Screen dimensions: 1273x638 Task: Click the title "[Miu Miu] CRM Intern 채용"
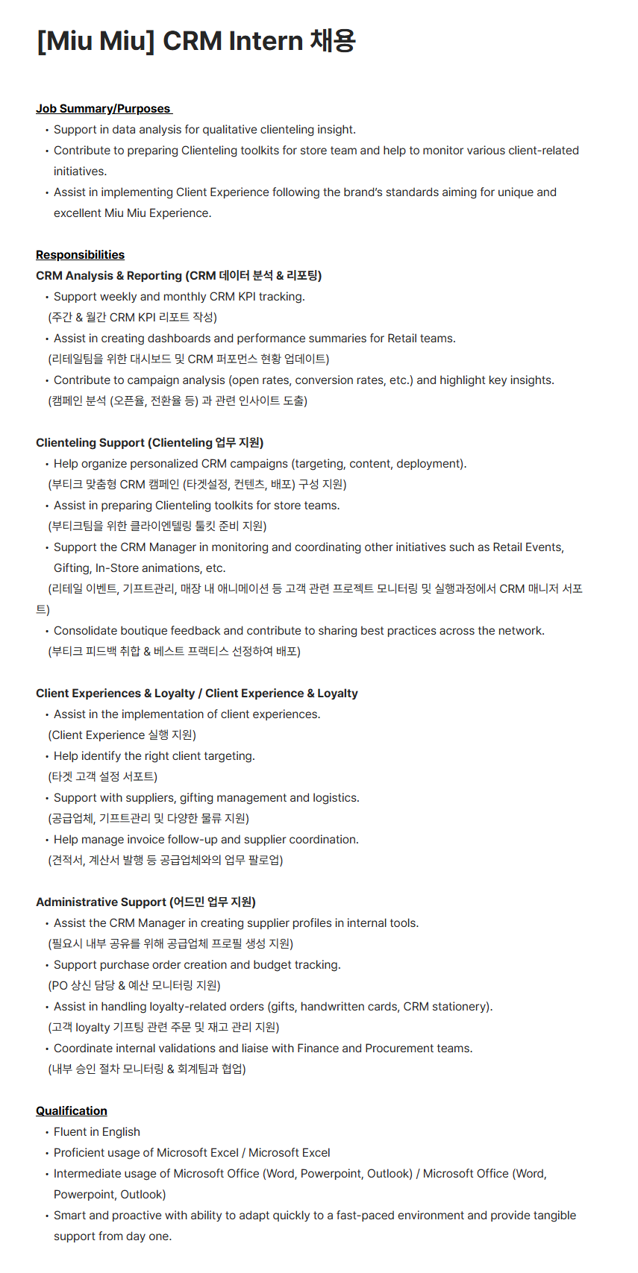(196, 41)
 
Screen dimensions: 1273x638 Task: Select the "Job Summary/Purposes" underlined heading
(103, 109)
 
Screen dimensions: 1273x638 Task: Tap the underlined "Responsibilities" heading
(80, 255)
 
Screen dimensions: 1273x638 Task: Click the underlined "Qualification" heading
(72, 1111)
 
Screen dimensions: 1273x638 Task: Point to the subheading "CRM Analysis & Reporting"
(109, 276)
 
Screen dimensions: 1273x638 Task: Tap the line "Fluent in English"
(97, 1132)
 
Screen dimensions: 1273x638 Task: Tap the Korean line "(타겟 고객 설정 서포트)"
(103, 777)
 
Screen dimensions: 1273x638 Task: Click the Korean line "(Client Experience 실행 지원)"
(122, 735)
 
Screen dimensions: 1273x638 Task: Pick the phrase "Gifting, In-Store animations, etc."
(140, 568)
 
